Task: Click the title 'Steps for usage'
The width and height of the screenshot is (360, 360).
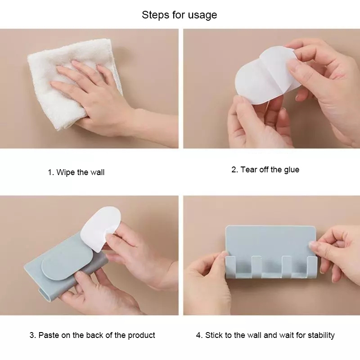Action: (x=180, y=15)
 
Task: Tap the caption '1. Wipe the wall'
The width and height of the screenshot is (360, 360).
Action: (x=76, y=172)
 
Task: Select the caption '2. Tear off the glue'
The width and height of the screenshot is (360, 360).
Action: (x=265, y=170)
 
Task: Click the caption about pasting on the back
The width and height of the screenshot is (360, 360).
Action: (x=92, y=335)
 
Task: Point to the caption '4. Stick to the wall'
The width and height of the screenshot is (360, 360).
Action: (x=265, y=335)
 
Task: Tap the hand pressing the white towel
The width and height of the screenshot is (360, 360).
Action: (x=90, y=94)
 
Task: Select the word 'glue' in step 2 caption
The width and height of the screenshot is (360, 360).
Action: (x=291, y=170)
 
